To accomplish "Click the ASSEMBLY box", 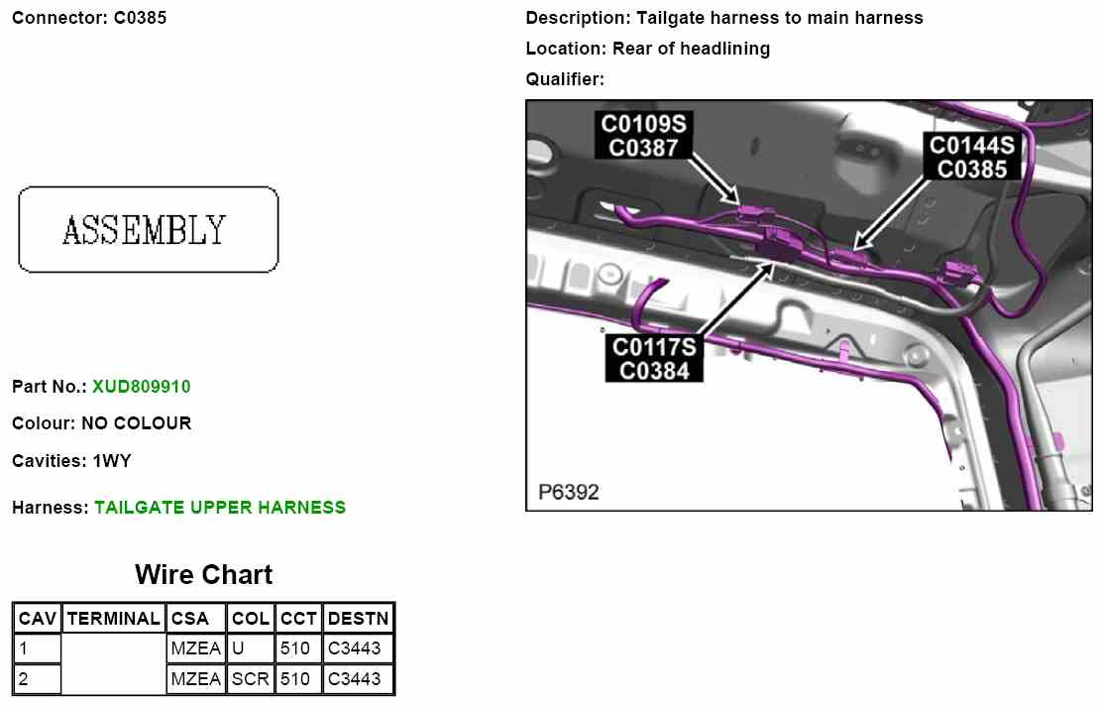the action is click(x=148, y=229).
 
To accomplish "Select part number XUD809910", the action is click(x=141, y=387).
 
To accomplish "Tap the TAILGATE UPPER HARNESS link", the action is click(x=220, y=508).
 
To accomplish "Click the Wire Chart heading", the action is click(x=203, y=574).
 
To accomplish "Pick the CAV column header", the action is click(x=38, y=619).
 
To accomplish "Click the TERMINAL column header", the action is click(x=113, y=619).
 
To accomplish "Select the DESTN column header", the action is click(x=358, y=619).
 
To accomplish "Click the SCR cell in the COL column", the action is click(x=250, y=679).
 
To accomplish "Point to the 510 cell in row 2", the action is click(x=296, y=679).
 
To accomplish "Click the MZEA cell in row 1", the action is click(x=195, y=649).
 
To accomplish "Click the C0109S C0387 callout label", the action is click(x=643, y=135).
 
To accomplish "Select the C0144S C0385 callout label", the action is click(x=972, y=157).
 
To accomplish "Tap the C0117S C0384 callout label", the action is click(x=655, y=359).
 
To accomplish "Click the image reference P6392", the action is click(x=569, y=492).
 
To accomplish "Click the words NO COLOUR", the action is click(x=137, y=423).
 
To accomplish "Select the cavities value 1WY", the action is click(x=112, y=461).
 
